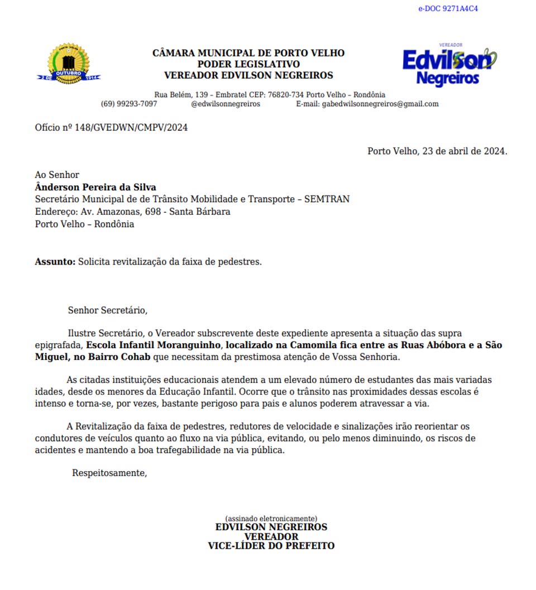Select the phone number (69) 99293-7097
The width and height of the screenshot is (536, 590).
pos(129,104)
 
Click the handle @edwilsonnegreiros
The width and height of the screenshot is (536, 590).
pos(225,104)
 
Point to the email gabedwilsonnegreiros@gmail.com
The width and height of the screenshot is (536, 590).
pos(380,104)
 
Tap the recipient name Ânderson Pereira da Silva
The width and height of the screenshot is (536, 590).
pos(95,187)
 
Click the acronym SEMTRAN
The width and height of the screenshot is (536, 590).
pos(327,199)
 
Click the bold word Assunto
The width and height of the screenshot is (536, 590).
pos(55,261)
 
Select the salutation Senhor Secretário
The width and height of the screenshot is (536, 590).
pos(107,310)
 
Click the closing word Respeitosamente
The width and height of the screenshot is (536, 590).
pos(109,473)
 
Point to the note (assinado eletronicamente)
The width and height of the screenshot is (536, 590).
pos(271,519)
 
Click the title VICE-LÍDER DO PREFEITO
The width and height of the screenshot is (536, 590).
pos(271,546)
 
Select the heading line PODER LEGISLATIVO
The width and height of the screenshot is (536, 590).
pos(248,64)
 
